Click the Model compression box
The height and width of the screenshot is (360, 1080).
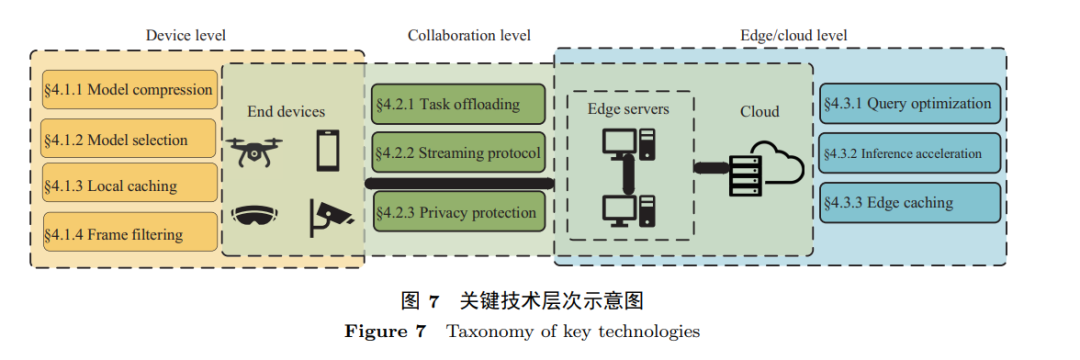click(129, 90)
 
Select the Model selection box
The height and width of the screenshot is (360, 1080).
click(129, 139)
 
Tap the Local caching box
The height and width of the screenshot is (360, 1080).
click(129, 186)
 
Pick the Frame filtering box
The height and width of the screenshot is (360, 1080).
click(129, 235)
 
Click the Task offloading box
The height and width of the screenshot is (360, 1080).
click(459, 104)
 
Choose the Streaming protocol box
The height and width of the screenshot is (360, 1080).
click(459, 155)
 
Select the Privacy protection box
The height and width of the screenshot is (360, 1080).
click(459, 212)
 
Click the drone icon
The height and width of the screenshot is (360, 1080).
click(255, 152)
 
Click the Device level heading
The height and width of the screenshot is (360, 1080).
click(186, 36)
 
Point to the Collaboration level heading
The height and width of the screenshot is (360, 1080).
click(468, 36)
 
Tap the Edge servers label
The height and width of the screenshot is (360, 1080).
click(628, 108)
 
